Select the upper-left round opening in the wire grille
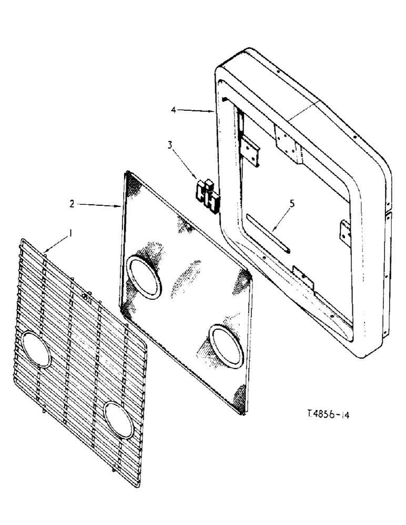pos(34,349)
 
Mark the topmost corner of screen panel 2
pos(126,172)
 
